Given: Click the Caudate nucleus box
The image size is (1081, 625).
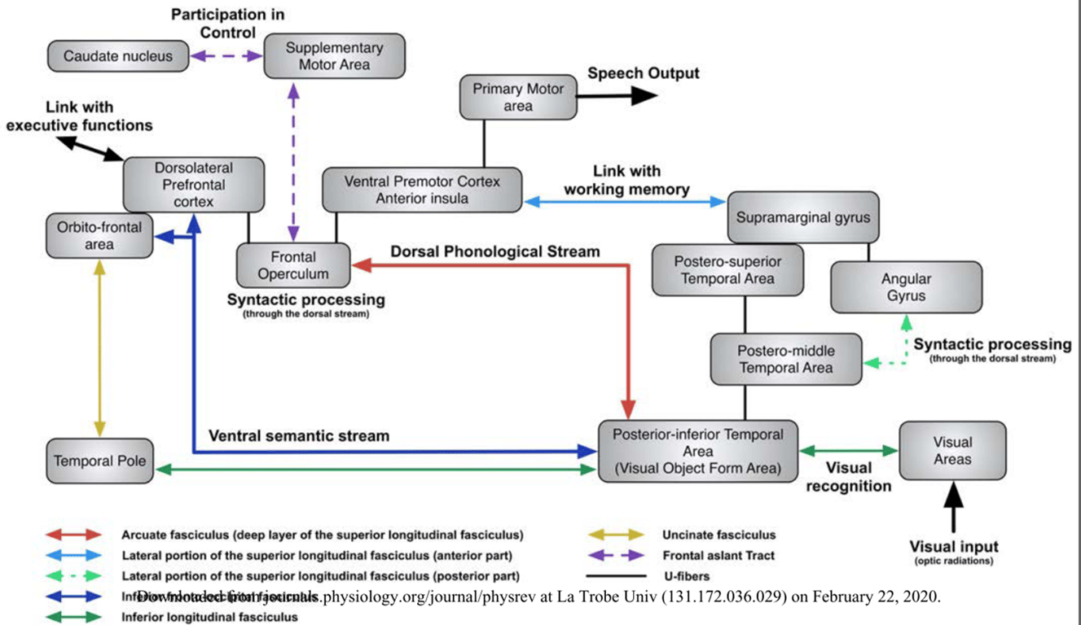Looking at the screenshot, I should tap(118, 56).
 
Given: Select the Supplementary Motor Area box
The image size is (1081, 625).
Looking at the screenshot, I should tap(334, 56).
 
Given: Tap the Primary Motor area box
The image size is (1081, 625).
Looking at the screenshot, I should tap(518, 98).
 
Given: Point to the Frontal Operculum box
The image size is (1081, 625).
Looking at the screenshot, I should tap(293, 265).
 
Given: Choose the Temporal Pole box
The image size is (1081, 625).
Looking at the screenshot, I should tap(100, 461).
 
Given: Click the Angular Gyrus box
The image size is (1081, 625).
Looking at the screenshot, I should tap(906, 287).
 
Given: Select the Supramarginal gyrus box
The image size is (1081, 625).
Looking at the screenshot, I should tap(802, 217).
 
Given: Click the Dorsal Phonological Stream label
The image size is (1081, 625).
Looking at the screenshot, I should tap(495, 251).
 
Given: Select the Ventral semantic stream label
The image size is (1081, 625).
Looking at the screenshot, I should tap(299, 435).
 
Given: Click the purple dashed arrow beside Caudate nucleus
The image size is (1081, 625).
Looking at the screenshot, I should tap(226, 56).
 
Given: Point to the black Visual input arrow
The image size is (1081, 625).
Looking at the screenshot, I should tap(952, 507).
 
